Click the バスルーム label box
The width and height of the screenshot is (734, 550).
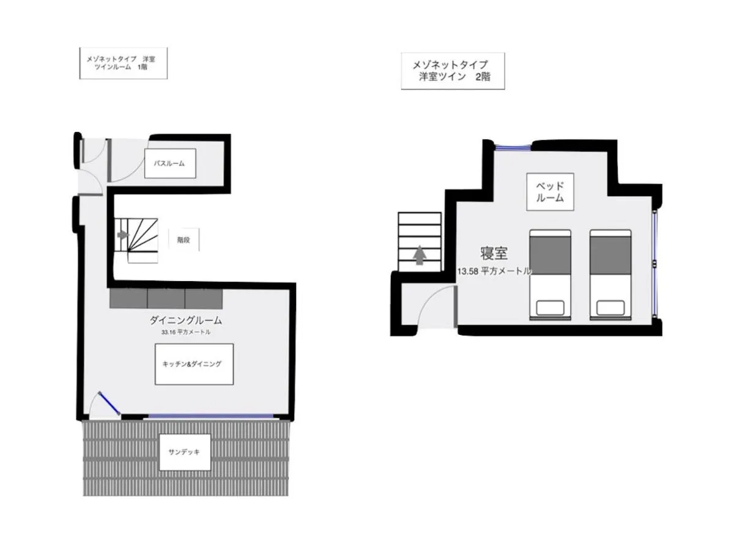click(170, 163)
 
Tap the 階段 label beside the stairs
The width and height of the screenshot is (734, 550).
click(183, 240)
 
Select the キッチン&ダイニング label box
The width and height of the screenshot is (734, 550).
click(194, 364)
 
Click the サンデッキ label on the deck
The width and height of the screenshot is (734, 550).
click(185, 452)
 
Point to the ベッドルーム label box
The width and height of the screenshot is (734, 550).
click(550, 192)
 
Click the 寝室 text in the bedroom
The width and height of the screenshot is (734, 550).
click(494, 253)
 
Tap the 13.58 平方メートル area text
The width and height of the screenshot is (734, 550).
click(494, 271)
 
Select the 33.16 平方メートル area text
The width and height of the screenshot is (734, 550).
click(185, 332)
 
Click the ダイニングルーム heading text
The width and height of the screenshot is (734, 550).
click(185, 320)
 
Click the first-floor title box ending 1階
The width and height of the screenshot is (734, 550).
click(124, 63)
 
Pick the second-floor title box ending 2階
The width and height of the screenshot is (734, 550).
click(453, 71)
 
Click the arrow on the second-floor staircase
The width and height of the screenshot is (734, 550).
click(420, 255)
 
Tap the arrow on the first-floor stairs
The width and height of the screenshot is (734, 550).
click(123, 235)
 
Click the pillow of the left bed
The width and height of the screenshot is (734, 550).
click(550, 307)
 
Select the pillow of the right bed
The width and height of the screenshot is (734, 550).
click(610, 307)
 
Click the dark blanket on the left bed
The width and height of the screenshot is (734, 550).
click(550, 255)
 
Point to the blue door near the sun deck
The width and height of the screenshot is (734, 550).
click(109, 403)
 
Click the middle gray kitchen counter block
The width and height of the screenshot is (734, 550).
click(166, 299)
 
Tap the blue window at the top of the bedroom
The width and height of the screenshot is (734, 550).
click(513, 146)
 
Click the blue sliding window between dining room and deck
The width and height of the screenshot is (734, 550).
click(210, 416)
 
